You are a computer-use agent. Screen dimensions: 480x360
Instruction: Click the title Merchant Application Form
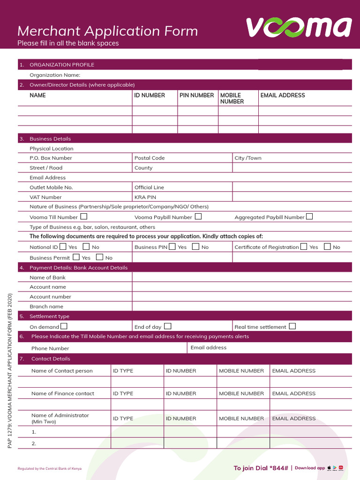click(x=107, y=31)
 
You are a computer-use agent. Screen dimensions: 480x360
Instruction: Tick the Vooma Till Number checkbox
click(x=83, y=217)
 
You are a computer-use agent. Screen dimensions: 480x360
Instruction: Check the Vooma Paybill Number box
click(x=198, y=217)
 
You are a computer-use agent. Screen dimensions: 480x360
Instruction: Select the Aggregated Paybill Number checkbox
click(x=309, y=217)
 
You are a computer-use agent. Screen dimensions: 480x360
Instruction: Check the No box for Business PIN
click(x=196, y=247)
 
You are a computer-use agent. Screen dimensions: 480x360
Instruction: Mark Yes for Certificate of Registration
click(x=304, y=247)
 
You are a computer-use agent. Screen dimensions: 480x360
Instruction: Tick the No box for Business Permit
click(x=99, y=257)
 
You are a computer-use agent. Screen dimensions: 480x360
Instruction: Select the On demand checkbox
click(x=64, y=326)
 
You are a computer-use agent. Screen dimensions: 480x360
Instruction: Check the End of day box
click(x=167, y=326)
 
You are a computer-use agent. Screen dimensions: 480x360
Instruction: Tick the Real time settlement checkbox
click(x=292, y=326)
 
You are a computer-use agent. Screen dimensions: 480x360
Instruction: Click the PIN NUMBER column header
click(x=197, y=95)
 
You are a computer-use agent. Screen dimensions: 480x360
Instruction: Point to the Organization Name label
click(x=55, y=75)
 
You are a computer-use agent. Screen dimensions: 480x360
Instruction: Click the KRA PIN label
click(x=145, y=197)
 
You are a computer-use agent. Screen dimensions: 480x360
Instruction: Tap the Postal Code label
click(x=150, y=158)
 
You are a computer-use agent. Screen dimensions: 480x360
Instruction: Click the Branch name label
click(x=46, y=307)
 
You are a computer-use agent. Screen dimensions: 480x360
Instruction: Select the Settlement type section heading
click(x=49, y=316)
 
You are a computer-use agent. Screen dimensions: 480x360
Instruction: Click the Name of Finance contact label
click(x=63, y=393)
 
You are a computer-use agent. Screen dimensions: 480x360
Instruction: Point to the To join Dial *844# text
click(x=261, y=468)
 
